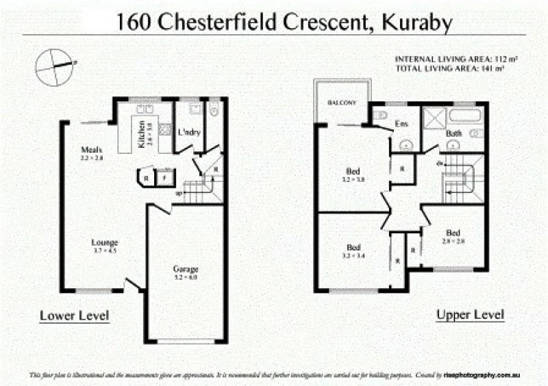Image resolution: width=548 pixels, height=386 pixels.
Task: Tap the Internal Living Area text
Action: [456, 59]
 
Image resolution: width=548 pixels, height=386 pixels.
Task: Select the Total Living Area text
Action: [450, 68]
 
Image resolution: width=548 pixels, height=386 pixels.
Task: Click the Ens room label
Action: [402, 124]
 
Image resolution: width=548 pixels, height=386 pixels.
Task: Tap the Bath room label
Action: [453, 133]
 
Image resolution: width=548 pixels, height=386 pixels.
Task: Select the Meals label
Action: [91, 149]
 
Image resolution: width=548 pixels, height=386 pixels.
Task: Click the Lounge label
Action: [105, 242]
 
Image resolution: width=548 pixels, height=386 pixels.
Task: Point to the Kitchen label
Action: [142, 135]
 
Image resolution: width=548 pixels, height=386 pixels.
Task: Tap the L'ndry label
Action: [188, 133]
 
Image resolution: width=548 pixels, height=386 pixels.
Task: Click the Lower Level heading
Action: [75, 316]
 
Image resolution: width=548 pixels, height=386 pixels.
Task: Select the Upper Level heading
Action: [471, 315]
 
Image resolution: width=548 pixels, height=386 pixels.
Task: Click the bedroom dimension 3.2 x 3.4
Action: [353, 255]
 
